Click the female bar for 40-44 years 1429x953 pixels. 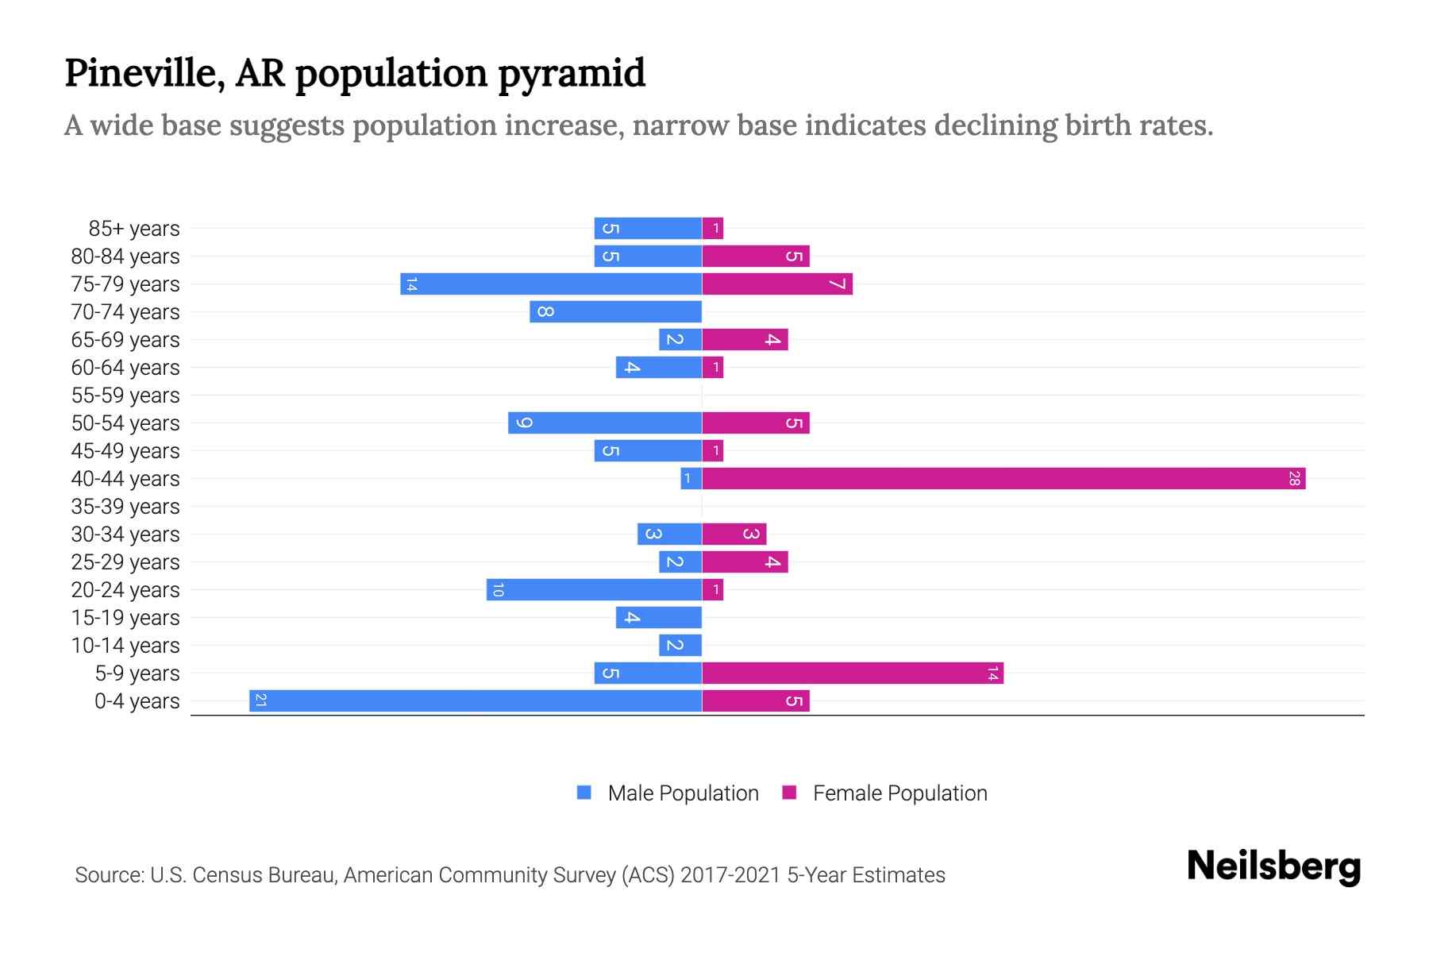click(1003, 478)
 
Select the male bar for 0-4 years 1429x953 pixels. click(476, 700)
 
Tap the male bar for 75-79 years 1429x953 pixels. click(551, 284)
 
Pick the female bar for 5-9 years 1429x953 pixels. click(853, 673)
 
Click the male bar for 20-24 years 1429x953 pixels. click(594, 589)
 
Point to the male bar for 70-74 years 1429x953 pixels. click(615, 311)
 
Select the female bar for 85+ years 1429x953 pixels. click(713, 228)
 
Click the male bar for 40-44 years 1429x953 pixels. click(691, 478)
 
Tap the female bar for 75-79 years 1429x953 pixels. click(777, 284)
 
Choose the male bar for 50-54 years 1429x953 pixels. click(605, 422)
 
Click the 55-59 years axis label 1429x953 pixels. click(125, 395)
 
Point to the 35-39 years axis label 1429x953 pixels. click(125, 506)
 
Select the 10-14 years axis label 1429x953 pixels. click(125, 645)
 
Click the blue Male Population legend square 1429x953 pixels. click(584, 793)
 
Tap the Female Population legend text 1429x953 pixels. click(899, 793)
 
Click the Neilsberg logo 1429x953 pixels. click(1273, 866)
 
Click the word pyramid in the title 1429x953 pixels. click(572, 74)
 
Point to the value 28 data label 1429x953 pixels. click(1294, 478)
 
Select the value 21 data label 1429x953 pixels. click(260, 700)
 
